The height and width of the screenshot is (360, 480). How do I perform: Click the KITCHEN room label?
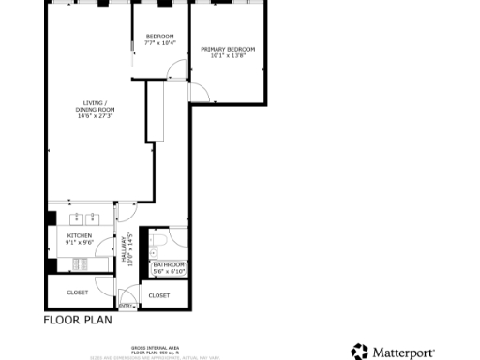[x=79, y=235]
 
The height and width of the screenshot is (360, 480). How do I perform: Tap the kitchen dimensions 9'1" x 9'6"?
[x=79, y=242]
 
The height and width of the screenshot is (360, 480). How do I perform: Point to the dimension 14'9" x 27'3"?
[x=95, y=116]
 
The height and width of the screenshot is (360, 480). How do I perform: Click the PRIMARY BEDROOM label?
[x=228, y=49]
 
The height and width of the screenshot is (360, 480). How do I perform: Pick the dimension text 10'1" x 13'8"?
[x=228, y=55]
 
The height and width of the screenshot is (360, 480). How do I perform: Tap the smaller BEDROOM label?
[x=159, y=37]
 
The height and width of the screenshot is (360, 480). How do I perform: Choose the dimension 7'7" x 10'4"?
[x=159, y=43]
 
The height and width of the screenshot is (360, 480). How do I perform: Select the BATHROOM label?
[x=170, y=265]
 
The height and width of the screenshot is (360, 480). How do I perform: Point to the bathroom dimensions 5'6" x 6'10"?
[x=170, y=272]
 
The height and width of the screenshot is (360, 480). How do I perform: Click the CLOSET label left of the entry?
[x=78, y=292]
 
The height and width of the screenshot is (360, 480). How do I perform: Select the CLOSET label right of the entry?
[x=159, y=295]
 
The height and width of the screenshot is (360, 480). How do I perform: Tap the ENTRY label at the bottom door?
[x=127, y=305]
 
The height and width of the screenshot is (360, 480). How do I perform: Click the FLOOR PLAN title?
[x=78, y=320]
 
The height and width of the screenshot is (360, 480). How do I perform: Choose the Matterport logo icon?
[x=360, y=352]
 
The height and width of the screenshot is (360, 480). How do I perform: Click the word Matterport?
[x=403, y=352]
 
